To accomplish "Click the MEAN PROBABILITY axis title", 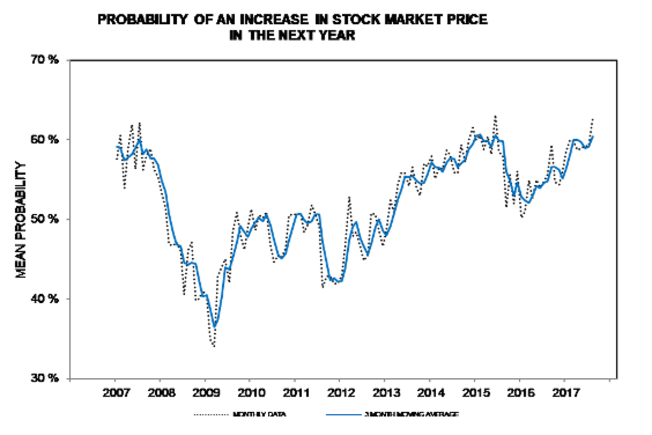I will pos(21,219).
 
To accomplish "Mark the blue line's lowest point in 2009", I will pos(215,327).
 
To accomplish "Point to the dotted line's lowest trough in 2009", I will pos(214,346).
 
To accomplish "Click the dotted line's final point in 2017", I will pos(593,118).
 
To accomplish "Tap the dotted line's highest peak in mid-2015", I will pos(495,116).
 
